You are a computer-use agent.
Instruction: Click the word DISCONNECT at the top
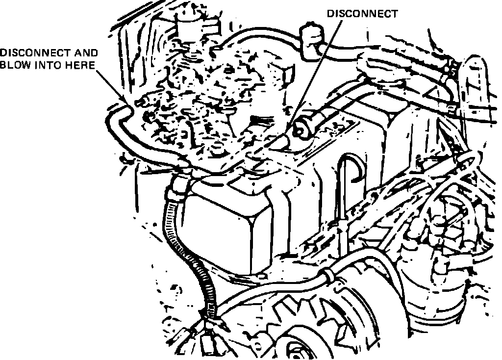tap(362, 14)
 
